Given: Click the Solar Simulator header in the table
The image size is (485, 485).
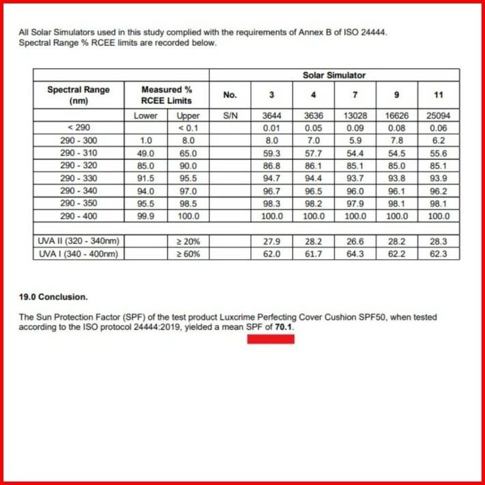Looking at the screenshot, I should pyautogui.click(x=333, y=75).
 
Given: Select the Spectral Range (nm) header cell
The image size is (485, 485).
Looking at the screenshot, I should pyautogui.click(x=78, y=95).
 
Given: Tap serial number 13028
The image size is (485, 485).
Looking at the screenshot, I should pyautogui.click(x=355, y=116).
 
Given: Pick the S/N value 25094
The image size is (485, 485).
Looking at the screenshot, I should pyautogui.click(x=438, y=116).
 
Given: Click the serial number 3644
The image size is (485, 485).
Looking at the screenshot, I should pyautogui.click(x=272, y=116).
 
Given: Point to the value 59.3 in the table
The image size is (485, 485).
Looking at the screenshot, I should pyautogui.click(x=272, y=154).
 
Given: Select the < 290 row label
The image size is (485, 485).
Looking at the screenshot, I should pyautogui.click(x=79, y=128).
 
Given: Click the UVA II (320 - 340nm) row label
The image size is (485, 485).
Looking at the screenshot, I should pyautogui.click(x=78, y=242).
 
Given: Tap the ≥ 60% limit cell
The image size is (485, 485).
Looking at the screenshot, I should pyautogui.click(x=187, y=254).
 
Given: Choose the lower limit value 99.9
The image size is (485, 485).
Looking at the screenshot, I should pyautogui.click(x=145, y=217).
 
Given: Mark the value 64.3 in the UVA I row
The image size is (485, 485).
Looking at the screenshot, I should pyautogui.click(x=355, y=254).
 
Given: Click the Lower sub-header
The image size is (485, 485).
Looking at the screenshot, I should pyautogui.click(x=145, y=116).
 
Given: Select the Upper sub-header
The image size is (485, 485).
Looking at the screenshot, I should pyautogui.click(x=187, y=116).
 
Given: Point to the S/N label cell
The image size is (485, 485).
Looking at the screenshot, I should pyautogui.click(x=230, y=116).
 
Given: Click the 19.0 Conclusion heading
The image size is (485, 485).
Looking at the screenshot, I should pyautogui.click(x=53, y=297).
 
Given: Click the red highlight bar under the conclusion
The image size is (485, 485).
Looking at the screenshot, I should pyautogui.click(x=271, y=339).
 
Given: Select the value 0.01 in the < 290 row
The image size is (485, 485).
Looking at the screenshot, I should pyautogui.click(x=272, y=128).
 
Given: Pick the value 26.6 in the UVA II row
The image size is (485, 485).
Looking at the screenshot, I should pyautogui.click(x=355, y=242).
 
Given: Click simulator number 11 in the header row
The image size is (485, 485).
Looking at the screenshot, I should pyautogui.click(x=438, y=95).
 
